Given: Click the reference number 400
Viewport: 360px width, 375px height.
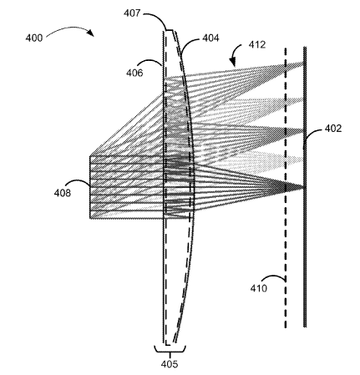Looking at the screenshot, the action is click(34, 38).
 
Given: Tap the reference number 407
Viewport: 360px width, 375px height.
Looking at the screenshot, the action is click(132, 13).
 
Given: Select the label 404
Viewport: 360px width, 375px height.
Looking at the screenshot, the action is click(210, 38).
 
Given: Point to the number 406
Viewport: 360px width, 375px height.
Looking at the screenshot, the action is click(134, 73).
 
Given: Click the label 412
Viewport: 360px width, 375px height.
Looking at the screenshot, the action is click(257, 44).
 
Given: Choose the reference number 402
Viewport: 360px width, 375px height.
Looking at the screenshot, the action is click(333, 129).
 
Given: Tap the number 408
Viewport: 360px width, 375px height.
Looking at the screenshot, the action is click(63, 193).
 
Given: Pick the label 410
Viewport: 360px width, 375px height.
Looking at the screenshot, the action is click(259, 288).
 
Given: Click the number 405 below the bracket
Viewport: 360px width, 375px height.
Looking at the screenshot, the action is click(170, 364).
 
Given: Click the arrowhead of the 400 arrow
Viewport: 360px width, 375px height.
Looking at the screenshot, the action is click(91, 33).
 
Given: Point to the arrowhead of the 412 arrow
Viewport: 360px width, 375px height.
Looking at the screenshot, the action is click(233, 63).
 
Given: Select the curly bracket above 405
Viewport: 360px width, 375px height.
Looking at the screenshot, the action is click(170, 350).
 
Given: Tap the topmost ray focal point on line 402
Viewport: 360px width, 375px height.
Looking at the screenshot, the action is click(303, 64).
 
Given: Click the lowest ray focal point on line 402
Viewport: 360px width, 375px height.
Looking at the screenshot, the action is click(304, 187).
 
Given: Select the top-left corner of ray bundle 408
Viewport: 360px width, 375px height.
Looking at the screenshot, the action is click(90, 156).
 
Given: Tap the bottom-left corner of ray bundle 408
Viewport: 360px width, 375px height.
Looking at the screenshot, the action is click(90, 218).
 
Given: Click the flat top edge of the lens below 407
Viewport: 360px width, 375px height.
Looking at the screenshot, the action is click(170, 30).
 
